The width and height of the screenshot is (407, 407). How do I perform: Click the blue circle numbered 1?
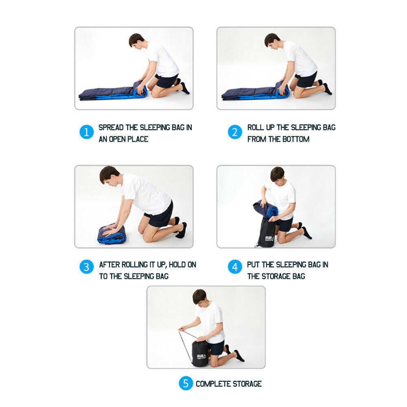(x=86, y=132)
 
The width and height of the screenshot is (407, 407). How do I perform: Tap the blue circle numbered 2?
(x=235, y=132)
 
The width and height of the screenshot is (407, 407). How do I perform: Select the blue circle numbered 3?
(x=86, y=267)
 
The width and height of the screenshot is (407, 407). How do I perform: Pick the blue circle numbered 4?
(x=235, y=267)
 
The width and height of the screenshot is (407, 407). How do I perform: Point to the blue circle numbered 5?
(x=186, y=383)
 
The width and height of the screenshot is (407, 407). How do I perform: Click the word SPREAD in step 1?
(x=111, y=127)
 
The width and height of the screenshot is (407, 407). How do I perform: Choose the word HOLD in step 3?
(x=177, y=265)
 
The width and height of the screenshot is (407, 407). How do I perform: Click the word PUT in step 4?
(x=253, y=265)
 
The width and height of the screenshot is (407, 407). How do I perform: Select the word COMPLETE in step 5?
(x=213, y=384)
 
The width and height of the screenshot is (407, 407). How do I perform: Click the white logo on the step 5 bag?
(x=201, y=356)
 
